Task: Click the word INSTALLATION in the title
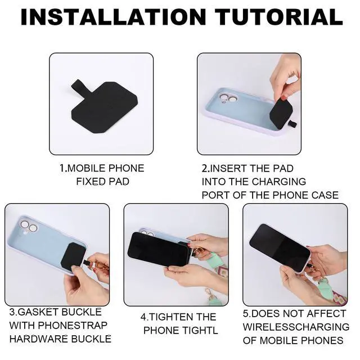[114, 17]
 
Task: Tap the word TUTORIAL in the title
[280, 17]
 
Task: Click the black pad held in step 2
[282, 113]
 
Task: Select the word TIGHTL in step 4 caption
[200, 330]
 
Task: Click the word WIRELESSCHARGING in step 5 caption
[296, 327]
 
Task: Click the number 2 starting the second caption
[205, 169]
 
